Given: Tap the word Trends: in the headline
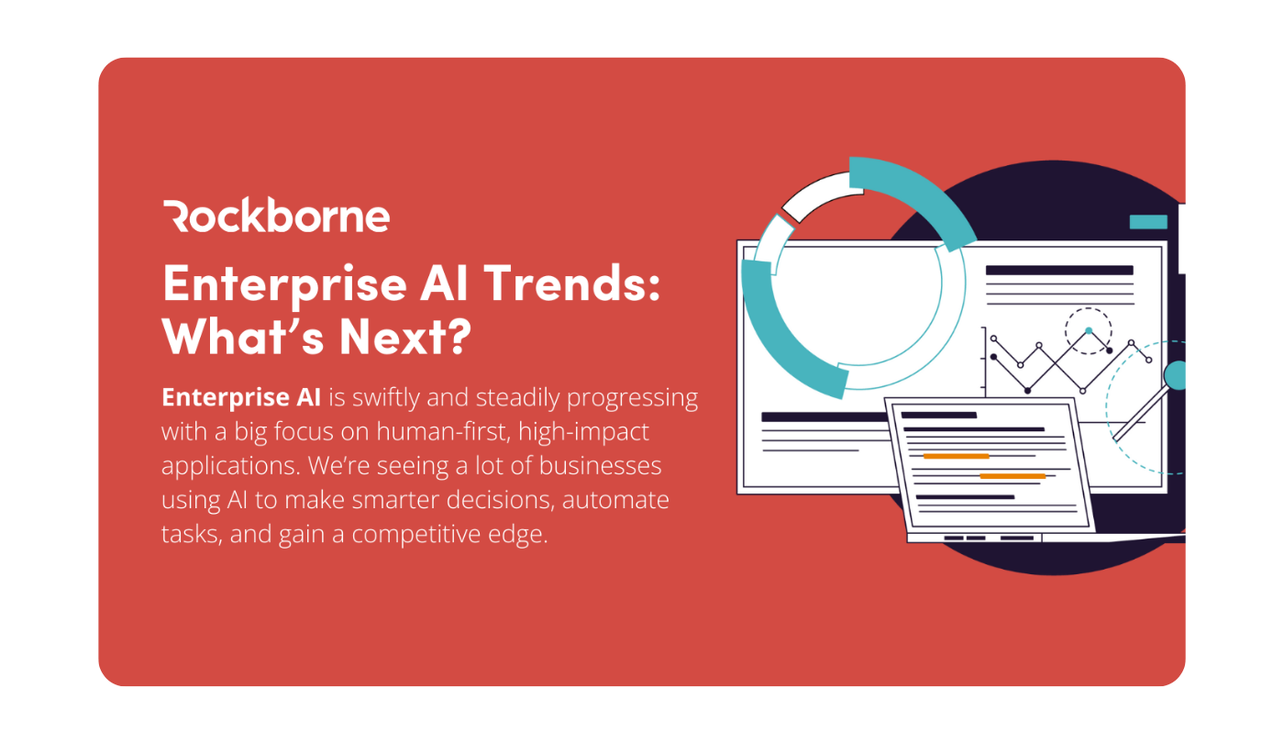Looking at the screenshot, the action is click(572, 283).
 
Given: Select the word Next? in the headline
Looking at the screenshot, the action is click(405, 337).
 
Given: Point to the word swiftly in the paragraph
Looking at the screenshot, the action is click(385, 398).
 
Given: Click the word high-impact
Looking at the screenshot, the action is click(583, 432).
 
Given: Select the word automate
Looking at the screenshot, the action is click(615, 500).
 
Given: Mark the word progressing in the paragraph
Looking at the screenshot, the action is click(632, 398).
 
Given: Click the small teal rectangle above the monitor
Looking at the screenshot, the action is click(1148, 222).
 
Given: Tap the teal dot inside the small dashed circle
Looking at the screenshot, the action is click(1089, 331).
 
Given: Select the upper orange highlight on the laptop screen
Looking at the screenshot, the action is click(956, 456).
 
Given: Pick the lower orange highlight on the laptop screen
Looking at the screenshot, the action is click(1013, 476).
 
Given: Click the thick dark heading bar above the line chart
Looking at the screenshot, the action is click(1059, 271).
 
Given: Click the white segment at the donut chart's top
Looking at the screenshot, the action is click(821, 194).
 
